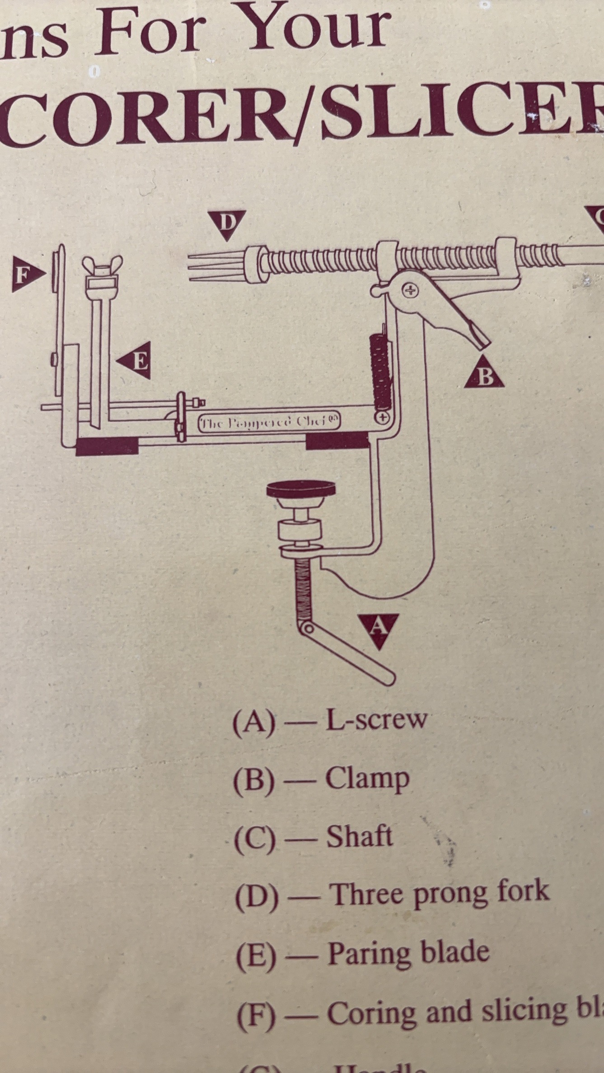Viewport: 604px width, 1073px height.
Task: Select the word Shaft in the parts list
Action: (359, 837)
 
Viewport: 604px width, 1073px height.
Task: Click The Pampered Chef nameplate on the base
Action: (270, 422)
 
